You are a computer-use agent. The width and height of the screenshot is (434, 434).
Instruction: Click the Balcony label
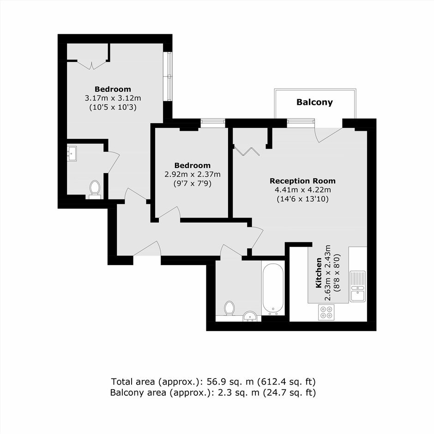314,102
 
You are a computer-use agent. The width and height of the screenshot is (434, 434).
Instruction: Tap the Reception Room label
302,181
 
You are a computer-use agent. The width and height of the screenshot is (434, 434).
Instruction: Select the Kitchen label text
319,273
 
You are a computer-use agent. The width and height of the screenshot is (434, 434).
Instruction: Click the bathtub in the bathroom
273,289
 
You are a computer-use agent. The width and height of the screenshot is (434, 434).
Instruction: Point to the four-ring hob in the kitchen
326,312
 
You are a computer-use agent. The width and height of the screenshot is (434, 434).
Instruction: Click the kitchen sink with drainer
358,286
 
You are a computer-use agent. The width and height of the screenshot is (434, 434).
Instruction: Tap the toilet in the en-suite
95,189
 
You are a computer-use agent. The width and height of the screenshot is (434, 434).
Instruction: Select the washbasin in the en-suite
72,153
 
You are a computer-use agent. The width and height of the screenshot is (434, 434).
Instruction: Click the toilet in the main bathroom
229,308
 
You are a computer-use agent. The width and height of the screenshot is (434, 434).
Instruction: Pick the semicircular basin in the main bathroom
251,316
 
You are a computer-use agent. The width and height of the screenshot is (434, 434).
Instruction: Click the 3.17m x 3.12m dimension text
113,98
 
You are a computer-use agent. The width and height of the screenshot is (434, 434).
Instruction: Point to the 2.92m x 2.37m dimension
193,175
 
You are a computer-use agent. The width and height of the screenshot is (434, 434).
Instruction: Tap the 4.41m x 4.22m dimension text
302,190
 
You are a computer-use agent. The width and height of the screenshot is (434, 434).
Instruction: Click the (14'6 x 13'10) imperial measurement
302,199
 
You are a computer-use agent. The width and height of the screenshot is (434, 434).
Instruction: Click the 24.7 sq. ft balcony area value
289,392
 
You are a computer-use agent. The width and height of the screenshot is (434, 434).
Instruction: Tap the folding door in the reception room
246,151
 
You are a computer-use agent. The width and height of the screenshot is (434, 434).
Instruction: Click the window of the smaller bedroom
212,123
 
